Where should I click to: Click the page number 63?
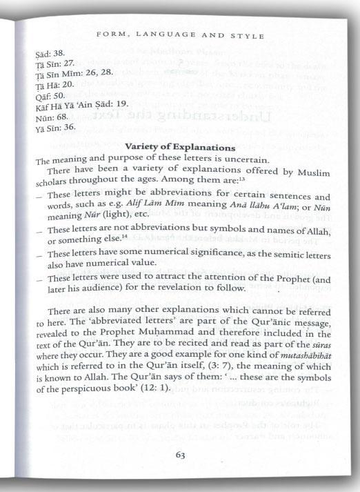click(180, 455)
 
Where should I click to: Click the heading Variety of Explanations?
click(181, 147)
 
